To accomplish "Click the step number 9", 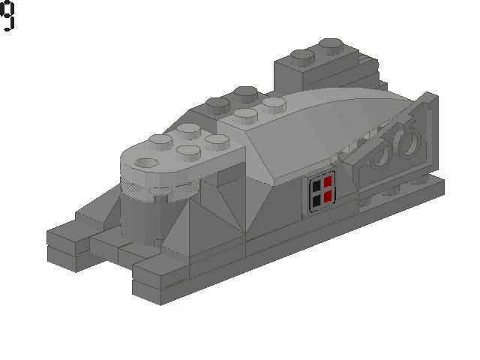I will pyautogui.click(x=7, y=16).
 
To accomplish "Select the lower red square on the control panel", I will pyautogui.click(x=327, y=197).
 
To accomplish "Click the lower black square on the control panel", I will pyautogui.click(x=316, y=200).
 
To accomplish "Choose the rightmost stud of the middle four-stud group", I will pyautogui.click(x=271, y=102).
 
